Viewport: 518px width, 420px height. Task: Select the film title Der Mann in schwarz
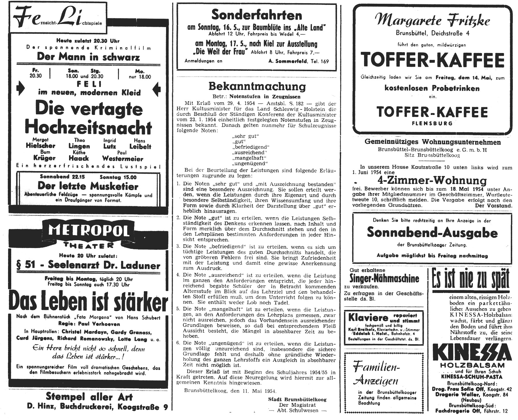[88, 56]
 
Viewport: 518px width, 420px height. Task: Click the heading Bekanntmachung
[257, 86]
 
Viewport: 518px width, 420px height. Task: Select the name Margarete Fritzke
[432, 21]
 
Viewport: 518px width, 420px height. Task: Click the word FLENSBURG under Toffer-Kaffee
[432, 123]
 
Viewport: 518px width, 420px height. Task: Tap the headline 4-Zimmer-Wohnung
[432, 181]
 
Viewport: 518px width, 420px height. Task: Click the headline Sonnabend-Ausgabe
[432, 232]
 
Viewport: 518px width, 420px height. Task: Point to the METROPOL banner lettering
[88, 231]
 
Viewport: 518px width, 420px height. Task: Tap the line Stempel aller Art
[89, 397]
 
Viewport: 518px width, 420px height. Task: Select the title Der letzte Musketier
[88, 186]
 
